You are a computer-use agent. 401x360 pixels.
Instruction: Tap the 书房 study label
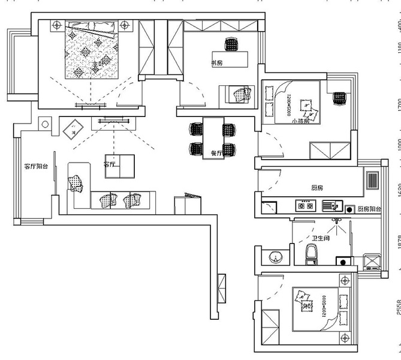tap(216, 63)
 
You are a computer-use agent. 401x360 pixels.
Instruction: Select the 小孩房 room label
tap(300, 121)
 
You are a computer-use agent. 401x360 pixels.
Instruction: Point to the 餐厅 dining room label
tap(216, 153)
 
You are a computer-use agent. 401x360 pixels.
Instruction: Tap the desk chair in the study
tap(231, 44)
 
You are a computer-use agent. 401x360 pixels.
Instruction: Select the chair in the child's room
tap(340, 97)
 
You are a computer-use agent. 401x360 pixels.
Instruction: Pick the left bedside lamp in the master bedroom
tap(56, 25)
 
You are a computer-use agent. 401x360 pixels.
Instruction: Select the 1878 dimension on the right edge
tap(398, 241)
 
